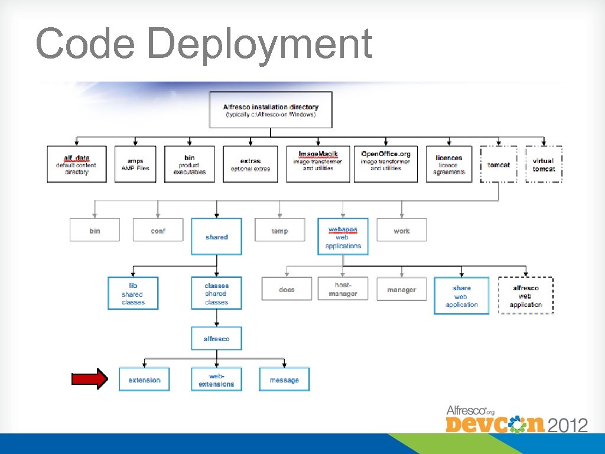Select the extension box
(144, 380)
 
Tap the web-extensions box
(216, 380)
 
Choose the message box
(284, 380)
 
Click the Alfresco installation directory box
(271, 110)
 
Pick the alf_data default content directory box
(77, 164)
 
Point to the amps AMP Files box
(135, 164)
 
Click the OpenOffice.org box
(385, 164)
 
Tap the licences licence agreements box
(449, 164)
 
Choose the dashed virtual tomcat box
(544, 164)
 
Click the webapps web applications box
(343, 236)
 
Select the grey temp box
(280, 231)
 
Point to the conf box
(158, 231)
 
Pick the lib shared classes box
(133, 293)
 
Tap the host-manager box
(343, 289)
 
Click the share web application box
(461, 296)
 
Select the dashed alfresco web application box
(526, 296)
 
